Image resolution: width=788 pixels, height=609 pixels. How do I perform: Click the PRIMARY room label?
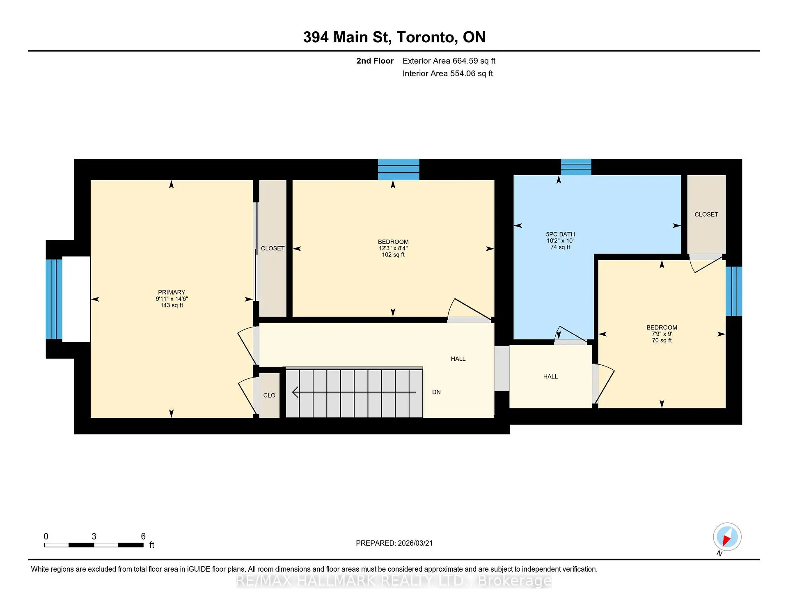pos(172,292)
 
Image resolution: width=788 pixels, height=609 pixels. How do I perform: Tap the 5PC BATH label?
pos(560,234)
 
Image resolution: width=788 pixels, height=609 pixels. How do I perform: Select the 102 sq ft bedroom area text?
pos(393,255)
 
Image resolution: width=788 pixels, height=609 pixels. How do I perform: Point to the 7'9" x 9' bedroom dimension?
pos(661,334)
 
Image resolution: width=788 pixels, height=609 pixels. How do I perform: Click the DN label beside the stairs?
pos(436,392)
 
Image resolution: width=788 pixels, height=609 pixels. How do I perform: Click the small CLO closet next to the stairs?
pos(269,395)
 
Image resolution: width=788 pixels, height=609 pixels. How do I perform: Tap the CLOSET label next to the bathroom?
pos(706,215)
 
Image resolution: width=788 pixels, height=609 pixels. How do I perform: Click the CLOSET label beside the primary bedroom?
pos(273,249)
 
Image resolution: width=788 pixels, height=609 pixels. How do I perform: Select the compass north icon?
pos(727,537)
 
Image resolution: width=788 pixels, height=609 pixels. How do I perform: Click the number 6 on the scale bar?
pos(143,536)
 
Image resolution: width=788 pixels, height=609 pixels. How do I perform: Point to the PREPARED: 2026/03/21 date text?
pos(394,543)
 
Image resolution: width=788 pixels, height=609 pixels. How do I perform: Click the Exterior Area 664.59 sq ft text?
pos(449,61)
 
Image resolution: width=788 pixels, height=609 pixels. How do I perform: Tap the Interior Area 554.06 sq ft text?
pos(447,74)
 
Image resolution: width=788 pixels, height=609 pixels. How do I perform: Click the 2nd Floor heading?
pos(375,61)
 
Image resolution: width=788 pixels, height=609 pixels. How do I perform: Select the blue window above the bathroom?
pos(576,167)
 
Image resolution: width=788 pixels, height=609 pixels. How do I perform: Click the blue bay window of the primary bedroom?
pos(54,299)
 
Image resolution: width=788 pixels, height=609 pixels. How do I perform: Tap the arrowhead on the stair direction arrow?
pos(295,392)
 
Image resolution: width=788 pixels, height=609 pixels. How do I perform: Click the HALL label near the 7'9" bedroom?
pos(550,377)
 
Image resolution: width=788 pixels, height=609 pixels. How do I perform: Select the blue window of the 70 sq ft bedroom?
pos(733,291)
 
